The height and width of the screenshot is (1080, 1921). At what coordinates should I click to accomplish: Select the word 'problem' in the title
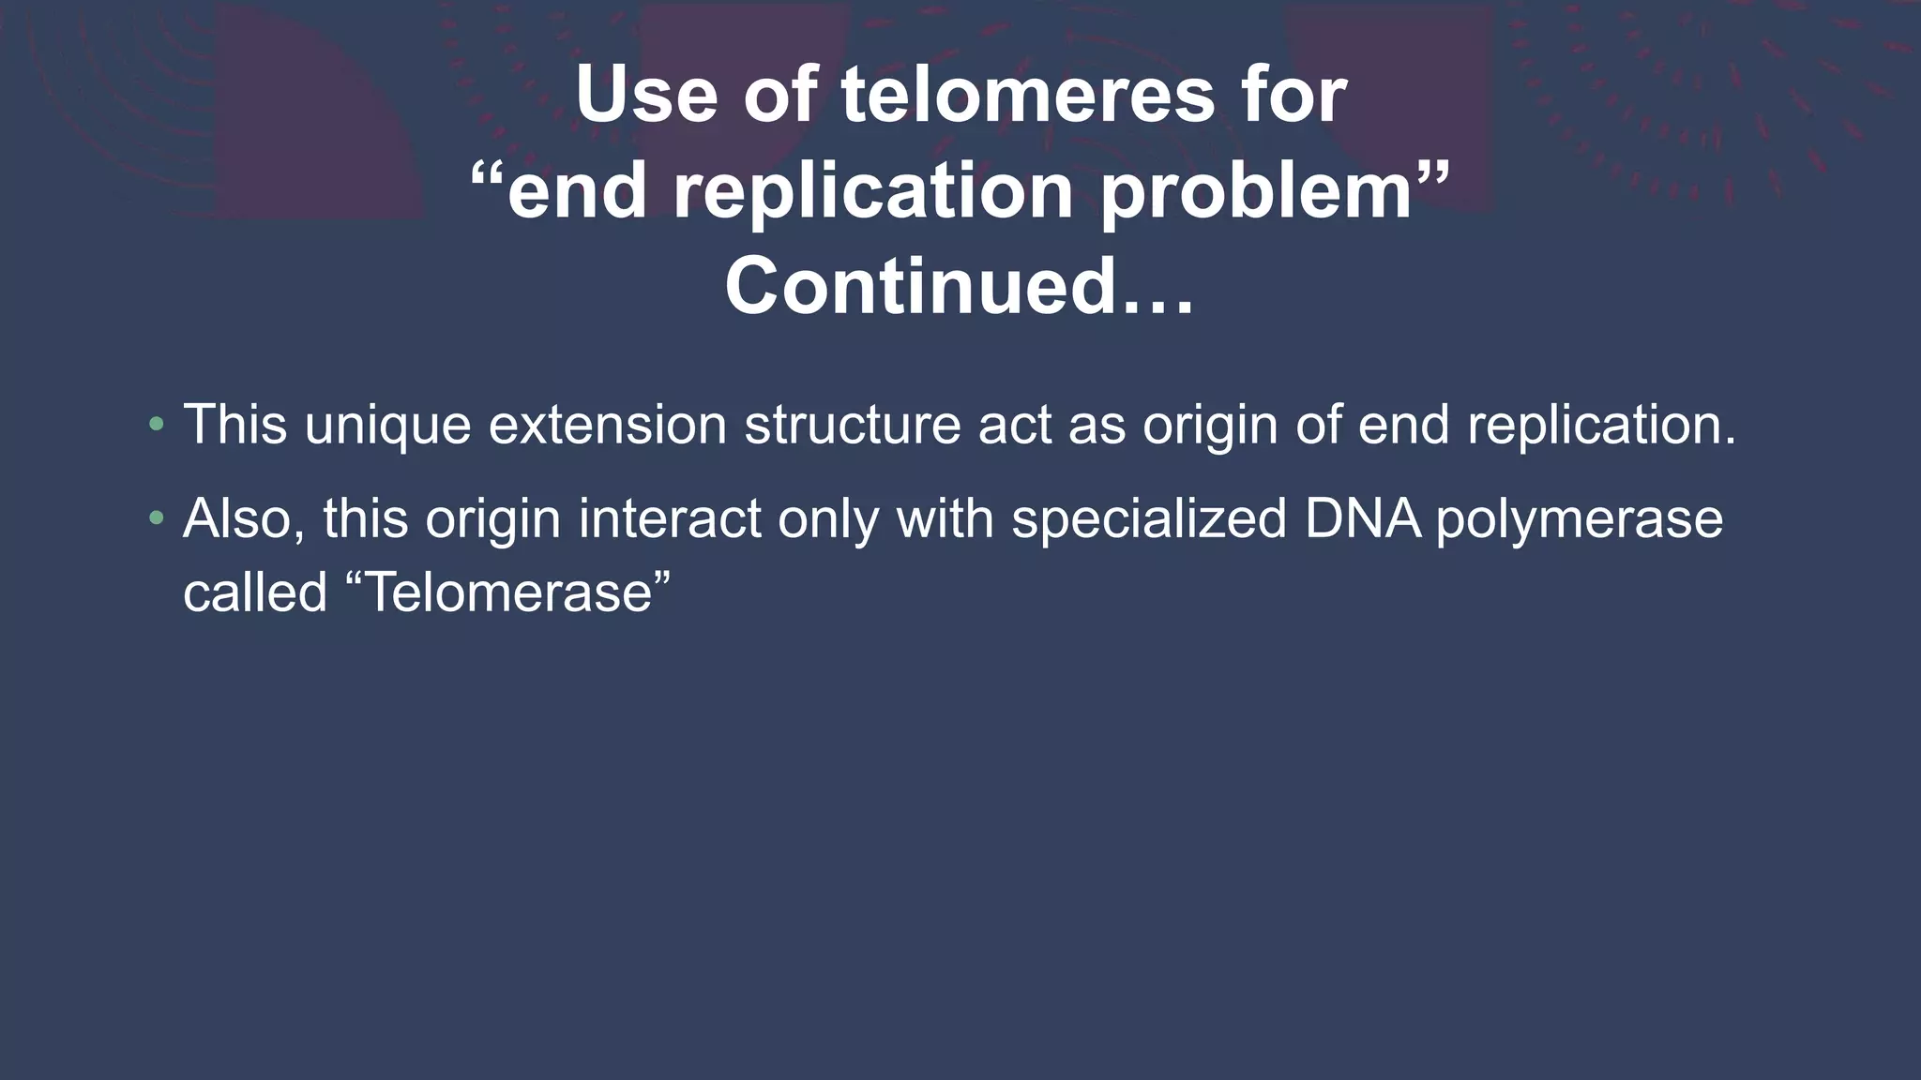click(1257, 191)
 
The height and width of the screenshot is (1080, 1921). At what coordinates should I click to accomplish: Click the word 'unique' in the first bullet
click(387, 425)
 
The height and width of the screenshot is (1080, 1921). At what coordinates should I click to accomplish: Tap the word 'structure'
click(853, 425)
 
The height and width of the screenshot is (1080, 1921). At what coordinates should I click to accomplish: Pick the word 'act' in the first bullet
click(1015, 425)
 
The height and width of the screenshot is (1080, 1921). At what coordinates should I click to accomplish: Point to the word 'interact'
click(670, 518)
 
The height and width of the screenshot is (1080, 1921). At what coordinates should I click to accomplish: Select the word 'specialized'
click(1149, 518)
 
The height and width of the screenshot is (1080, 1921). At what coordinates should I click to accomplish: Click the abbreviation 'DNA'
click(1362, 518)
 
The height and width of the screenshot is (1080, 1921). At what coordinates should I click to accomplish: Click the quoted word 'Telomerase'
click(508, 592)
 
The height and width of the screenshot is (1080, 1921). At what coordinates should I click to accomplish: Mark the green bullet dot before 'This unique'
click(157, 425)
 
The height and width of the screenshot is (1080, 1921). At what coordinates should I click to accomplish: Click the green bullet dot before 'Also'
click(157, 518)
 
